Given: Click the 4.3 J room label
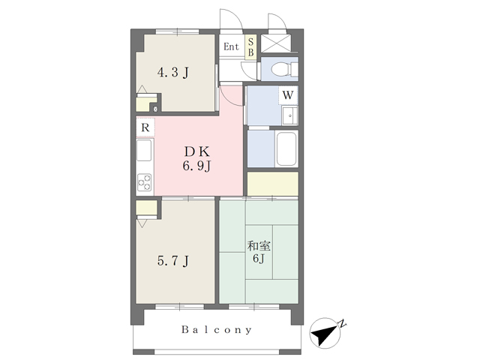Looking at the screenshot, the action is click(x=173, y=73).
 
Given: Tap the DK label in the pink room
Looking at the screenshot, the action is click(x=196, y=151).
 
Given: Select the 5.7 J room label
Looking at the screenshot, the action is click(x=173, y=261).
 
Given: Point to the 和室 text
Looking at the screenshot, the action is click(x=259, y=246).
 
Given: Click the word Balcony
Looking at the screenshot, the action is click(x=217, y=330).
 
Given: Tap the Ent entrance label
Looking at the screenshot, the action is click(x=231, y=46).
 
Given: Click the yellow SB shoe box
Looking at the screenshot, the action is click(x=250, y=47).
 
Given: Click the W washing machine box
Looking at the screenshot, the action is click(x=288, y=95).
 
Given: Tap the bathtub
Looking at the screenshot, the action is click(x=286, y=149).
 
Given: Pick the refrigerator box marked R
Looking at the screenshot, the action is click(x=145, y=127).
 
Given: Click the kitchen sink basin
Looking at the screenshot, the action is click(x=144, y=150).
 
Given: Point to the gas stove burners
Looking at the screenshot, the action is click(x=144, y=182).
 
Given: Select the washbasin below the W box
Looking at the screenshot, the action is click(x=289, y=115).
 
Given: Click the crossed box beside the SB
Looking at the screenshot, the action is click(x=276, y=43).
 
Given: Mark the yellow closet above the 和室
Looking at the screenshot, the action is click(x=273, y=184).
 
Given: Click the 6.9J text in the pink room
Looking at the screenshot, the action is click(x=196, y=166).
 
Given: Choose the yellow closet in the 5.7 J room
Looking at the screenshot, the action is click(x=147, y=208).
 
